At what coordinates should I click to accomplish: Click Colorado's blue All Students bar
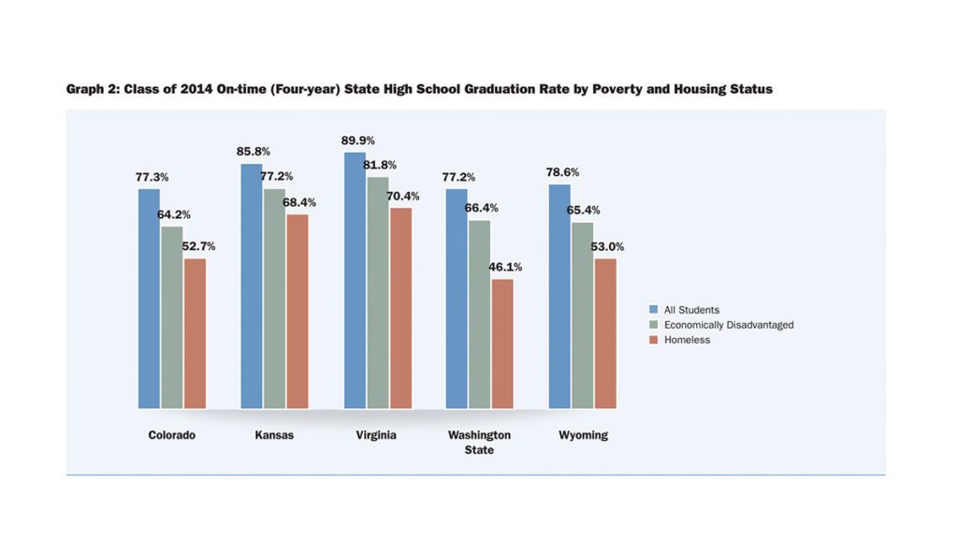click(x=150, y=299)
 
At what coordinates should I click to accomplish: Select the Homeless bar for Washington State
click(x=502, y=344)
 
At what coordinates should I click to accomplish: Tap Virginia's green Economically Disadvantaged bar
click(x=377, y=292)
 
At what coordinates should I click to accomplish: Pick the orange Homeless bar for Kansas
click(x=298, y=311)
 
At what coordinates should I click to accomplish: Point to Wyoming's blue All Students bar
click(x=559, y=296)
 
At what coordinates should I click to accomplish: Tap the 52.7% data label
click(x=198, y=247)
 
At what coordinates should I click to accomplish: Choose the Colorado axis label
click(x=172, y=435)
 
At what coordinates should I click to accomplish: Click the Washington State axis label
click(x=479, y=442)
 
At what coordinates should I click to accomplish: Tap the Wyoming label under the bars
click(x=583, y=435)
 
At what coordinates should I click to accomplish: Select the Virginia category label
click(x=377, y=435)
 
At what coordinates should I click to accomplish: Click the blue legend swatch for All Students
click(x=656, y=309)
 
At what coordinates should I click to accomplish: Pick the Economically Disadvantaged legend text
click(x=729, y=325)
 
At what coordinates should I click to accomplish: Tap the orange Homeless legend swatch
click(x=656, y=340)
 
